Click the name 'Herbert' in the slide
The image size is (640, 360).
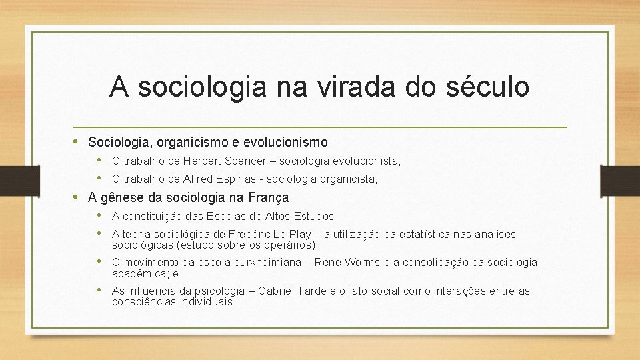tap(204, 161)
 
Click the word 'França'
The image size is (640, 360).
tap(268, 197)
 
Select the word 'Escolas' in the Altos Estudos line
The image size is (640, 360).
tap(226, 216)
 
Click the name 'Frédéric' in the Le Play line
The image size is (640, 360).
tap(247, 234)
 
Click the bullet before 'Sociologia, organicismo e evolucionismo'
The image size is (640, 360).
tap(77, 141)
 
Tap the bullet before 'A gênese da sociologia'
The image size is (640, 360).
tap(77, 197)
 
